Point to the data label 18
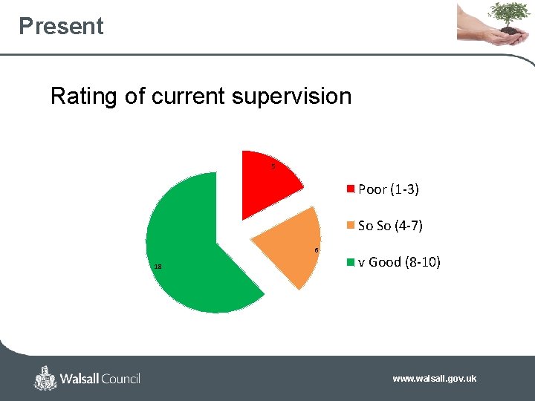coord(158,267)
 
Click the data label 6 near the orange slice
coord(317,250)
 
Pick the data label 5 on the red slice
coord(273,166)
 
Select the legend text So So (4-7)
coord(389,226)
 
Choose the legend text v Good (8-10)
coord(399,261)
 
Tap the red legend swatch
coord(351,189)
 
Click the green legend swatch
coord(351,261)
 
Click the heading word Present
coord(61,26)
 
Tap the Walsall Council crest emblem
coord(45,378)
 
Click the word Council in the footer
coord(116,379)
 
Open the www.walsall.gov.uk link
coord(434,379)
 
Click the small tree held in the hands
coord(509,15)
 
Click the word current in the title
coord(188,97)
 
